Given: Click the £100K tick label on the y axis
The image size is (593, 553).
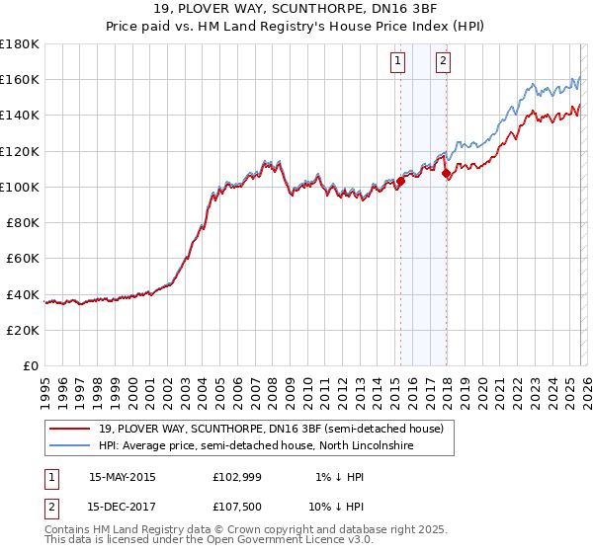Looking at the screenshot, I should pyautogui.click(x=20, y=187).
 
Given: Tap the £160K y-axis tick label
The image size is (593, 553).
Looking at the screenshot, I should pyautogui.click(x=20, y=79).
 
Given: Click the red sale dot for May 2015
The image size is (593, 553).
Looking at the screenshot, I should pyautogui.click(x=401, y=182).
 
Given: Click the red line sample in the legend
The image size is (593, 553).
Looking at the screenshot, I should pyautogui.click(x=70, y=430).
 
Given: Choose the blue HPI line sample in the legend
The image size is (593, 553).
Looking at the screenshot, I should pyautogui.click(x=70, y=446).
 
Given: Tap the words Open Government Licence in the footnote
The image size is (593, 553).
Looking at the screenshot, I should pyautogui.click(x=276, y=542).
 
